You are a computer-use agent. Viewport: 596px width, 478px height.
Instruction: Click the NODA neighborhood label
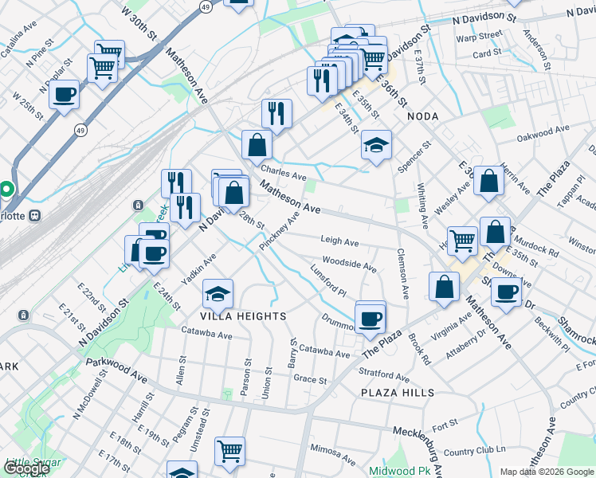tap(422, 116)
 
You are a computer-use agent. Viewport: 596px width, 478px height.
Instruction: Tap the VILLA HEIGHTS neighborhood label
tap(243, 316)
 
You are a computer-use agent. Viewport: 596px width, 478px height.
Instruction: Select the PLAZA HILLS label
tap(398, 393)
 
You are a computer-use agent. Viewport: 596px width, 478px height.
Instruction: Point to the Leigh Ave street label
tap(339, 241)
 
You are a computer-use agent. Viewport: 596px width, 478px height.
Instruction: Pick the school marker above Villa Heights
tap(218, 293)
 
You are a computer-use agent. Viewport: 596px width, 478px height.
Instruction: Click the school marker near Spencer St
tap(376, 144)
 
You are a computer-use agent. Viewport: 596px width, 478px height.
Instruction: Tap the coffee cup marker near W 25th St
tap(64, 93)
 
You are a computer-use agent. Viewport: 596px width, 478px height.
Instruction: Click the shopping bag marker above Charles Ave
tap(257, 144)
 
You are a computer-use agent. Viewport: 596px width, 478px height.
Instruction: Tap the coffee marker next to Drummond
tap(369, 318)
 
